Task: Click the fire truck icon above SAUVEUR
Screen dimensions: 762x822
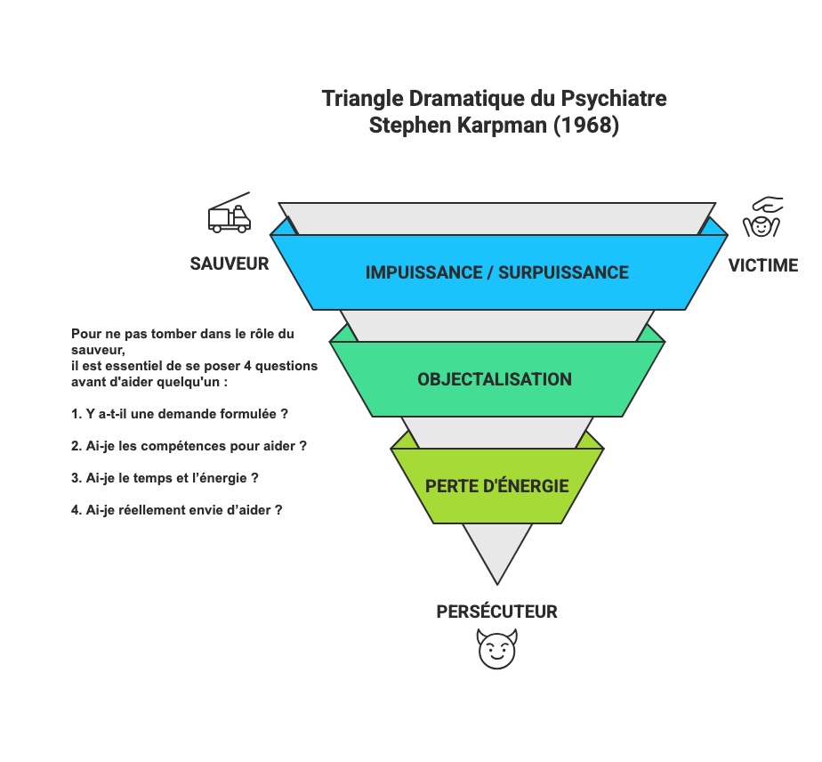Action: click(229, 215)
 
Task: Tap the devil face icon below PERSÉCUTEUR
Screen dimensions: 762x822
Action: click(496, 649)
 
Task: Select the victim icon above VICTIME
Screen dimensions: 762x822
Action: click(762, 218)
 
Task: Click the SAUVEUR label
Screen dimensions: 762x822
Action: click(230, 263)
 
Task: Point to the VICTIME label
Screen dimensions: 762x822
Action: click(763, 264)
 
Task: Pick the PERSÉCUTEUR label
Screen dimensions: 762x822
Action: click(496, 612)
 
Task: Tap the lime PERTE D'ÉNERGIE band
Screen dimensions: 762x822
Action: click(496, 486)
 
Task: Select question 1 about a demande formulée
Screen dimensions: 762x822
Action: click(179, 414)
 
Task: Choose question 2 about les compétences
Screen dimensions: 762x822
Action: click(189, 445)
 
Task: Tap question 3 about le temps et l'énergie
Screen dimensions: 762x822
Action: click(165, 478)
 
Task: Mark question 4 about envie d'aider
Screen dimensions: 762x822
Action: click(177, 510)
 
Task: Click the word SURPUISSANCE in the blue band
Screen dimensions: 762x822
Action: click(563, 272)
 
